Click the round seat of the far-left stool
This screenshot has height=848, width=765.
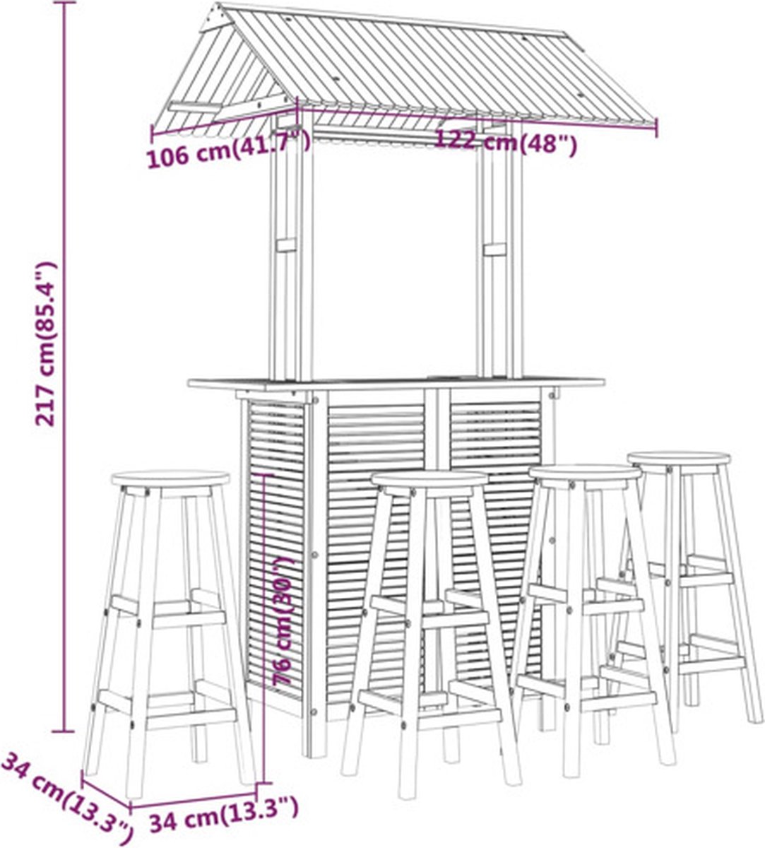coord(171,479)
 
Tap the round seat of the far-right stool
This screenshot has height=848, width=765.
coord(680,459)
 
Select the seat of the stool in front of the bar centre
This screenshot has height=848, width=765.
coord(430,478)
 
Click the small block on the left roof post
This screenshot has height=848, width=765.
coord(286,245)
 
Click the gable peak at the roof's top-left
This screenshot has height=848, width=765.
coord(219,5)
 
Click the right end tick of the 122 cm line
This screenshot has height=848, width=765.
coord(656,127)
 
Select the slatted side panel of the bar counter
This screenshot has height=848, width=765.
coord(275,546)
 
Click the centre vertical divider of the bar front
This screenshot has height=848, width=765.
coord(437,427)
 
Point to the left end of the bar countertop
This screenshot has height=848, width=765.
coord(190,383)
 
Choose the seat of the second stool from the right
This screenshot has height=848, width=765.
coord(585,472)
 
